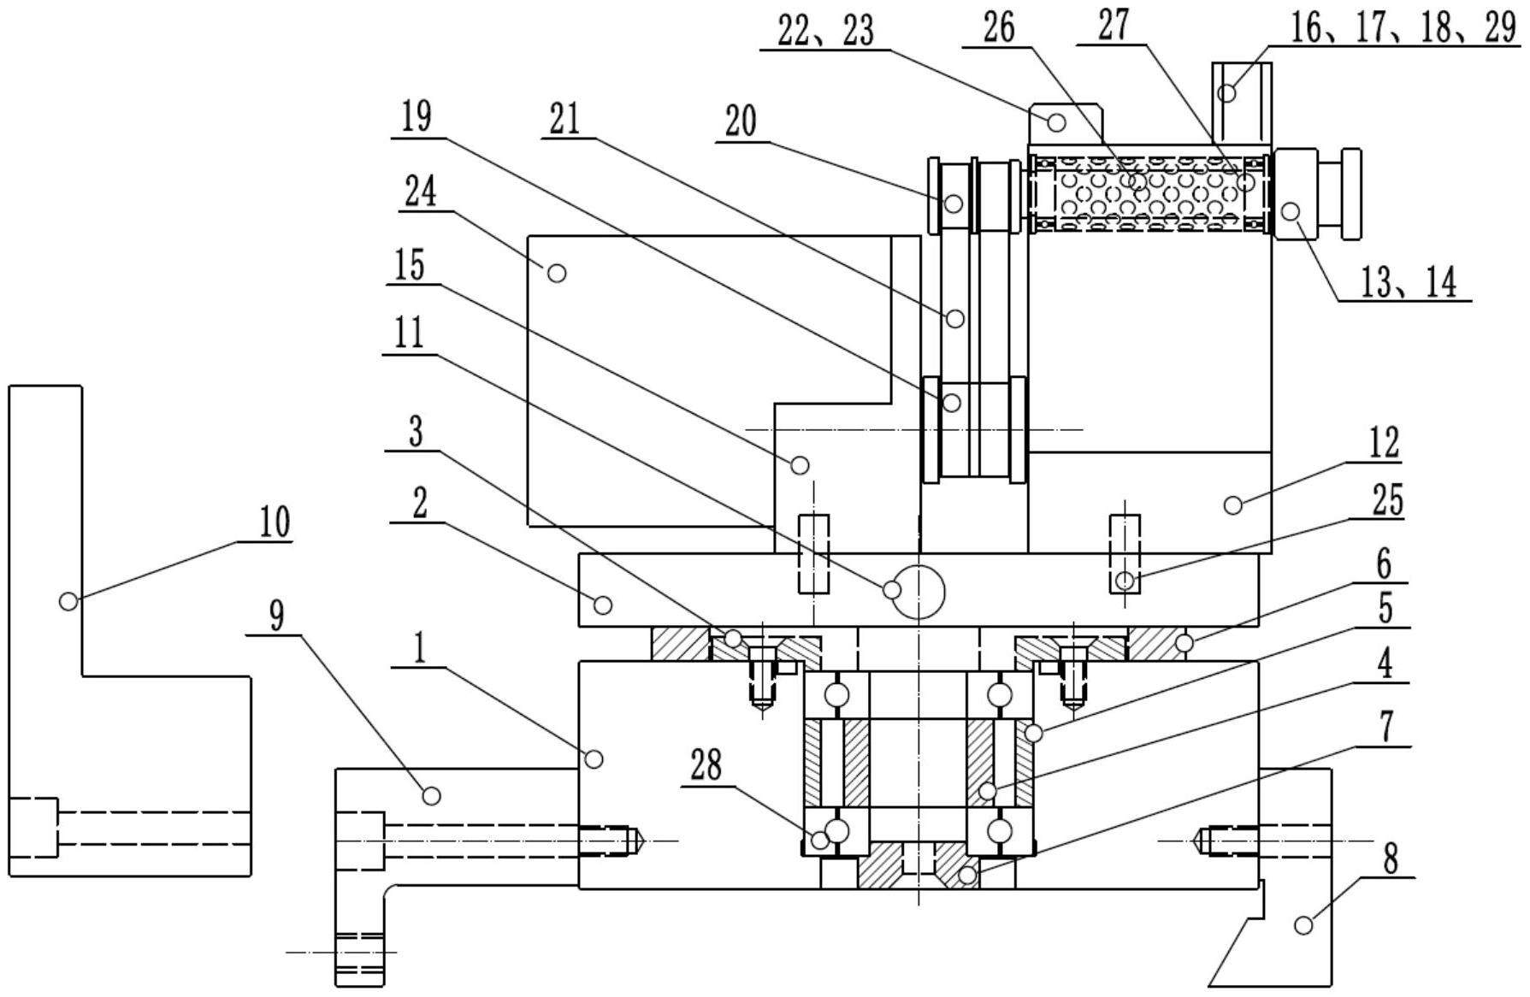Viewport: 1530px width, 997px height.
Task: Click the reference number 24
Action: coord(420,192)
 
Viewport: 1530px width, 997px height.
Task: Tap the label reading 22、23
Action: coord(825,31)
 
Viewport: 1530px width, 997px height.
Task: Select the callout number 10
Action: coord(275,522)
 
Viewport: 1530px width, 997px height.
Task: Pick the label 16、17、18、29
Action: coord(1403,28)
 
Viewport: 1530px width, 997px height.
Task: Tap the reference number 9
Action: coord(276,616)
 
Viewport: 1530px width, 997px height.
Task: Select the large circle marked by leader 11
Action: coord(917,591)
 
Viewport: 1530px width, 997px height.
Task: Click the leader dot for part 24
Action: coord(557,273)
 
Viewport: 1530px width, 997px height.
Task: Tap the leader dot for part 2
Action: coord(603,605)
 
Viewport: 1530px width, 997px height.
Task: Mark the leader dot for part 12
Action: coord(1233,505)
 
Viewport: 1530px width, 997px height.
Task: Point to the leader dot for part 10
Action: coord(68,601)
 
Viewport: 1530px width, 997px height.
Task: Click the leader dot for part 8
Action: coord(1303,924)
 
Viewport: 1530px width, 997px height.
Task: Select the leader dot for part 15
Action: coord(800,465)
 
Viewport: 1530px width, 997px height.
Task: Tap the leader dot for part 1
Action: coord(594,758)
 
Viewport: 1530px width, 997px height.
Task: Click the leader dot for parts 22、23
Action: coord(1056,122)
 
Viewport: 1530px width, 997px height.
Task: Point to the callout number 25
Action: coord(1387,501)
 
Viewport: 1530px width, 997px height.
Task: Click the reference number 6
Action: coord(1384,564)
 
